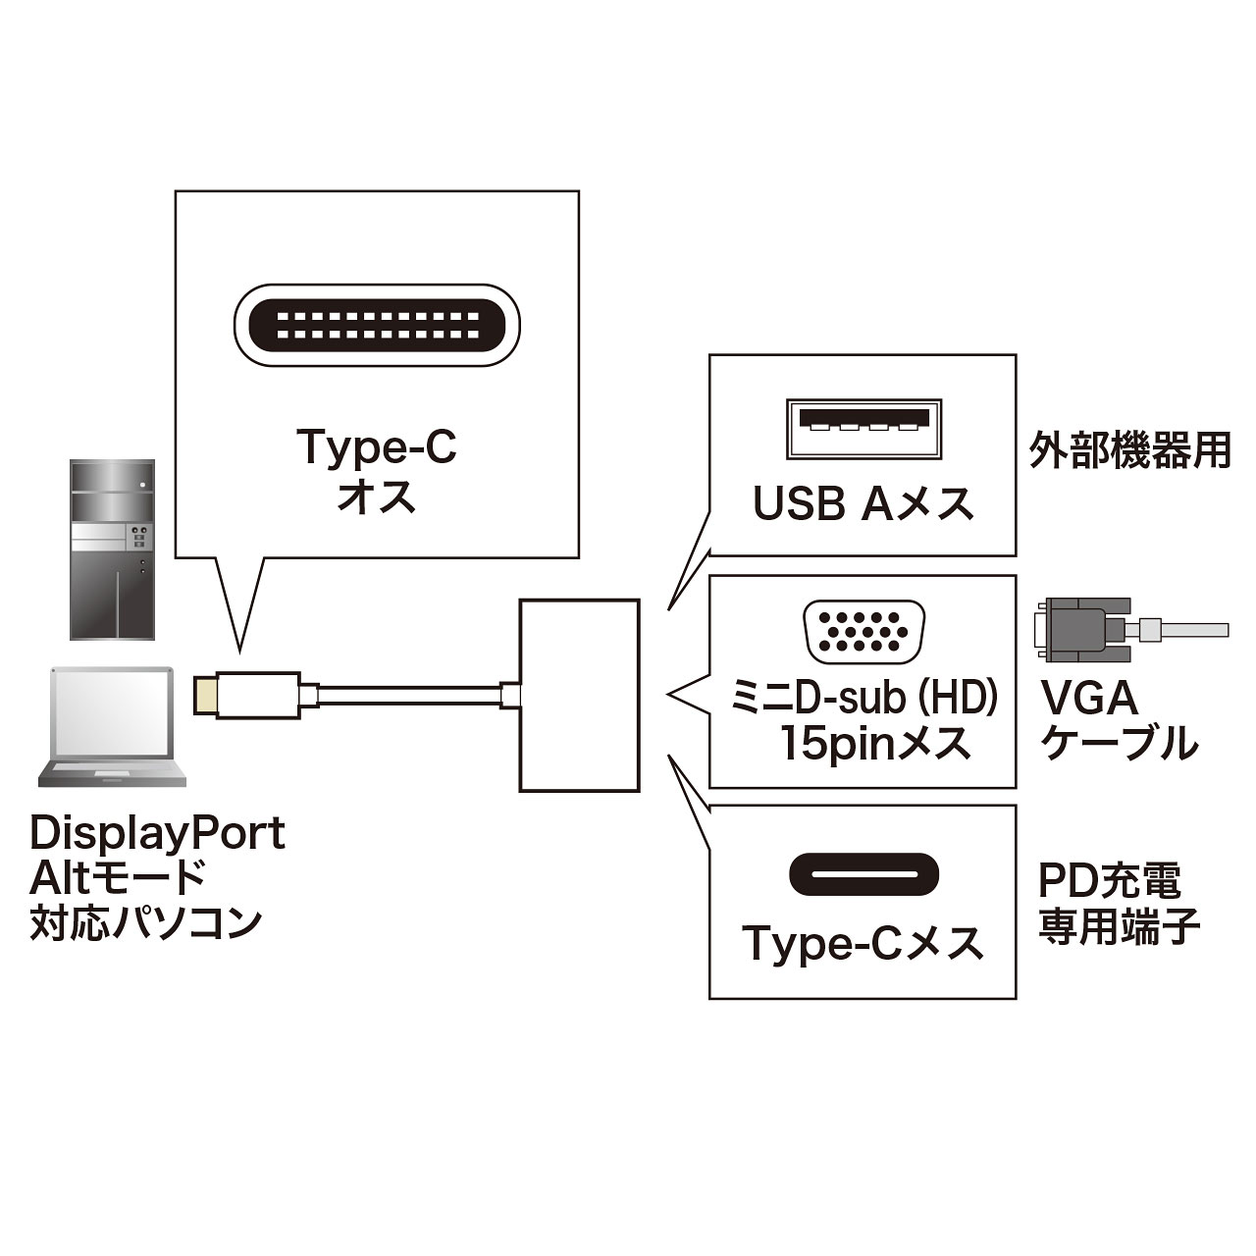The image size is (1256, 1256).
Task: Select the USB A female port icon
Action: click(x=863, y=429)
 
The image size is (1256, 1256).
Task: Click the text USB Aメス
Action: click(x=863, y=504)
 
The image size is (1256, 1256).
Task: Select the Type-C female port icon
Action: click(x=863, y=873)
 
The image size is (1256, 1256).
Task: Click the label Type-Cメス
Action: click(x=863, y=944)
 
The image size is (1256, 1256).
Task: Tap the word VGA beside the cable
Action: click(x=1089, y=699)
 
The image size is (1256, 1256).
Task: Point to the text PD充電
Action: click(x=1110, y=880)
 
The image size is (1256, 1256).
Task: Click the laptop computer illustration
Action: click(x=112, y=727)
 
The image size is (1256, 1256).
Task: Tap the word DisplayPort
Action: click(x=157, y=833)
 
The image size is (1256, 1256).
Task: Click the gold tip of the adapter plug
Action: click(x=204, y=696)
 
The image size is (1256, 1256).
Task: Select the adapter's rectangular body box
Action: click(x=579, y=695)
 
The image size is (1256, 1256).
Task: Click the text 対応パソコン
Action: click(x=146, y=923)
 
